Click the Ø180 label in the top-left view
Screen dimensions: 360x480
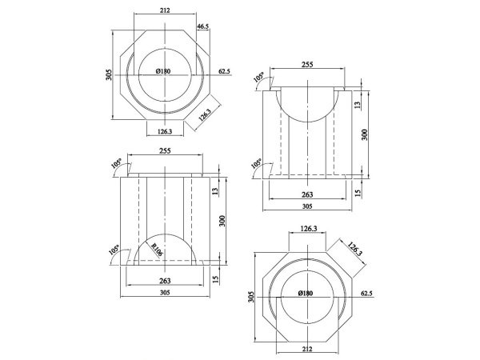[163, 72]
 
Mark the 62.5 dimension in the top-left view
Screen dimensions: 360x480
[225, 72]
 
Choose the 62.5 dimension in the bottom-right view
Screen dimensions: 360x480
[367, 294]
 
